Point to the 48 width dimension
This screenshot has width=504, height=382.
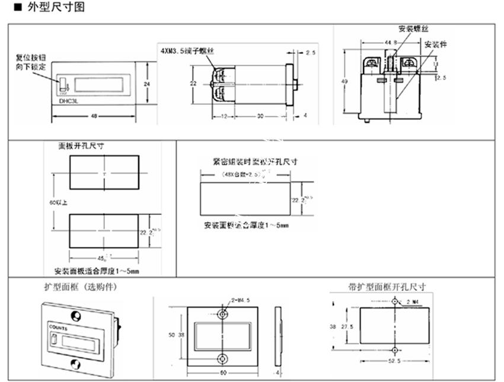click(94, 117)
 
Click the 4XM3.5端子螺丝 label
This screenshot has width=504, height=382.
click(187, 52)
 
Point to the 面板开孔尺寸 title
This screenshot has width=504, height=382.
click(84, 145)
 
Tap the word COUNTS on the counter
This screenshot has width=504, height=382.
click(58, 326)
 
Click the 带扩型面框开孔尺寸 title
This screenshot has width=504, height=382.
click(387, 287)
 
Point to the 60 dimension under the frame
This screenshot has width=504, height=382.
click(222, 372)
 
